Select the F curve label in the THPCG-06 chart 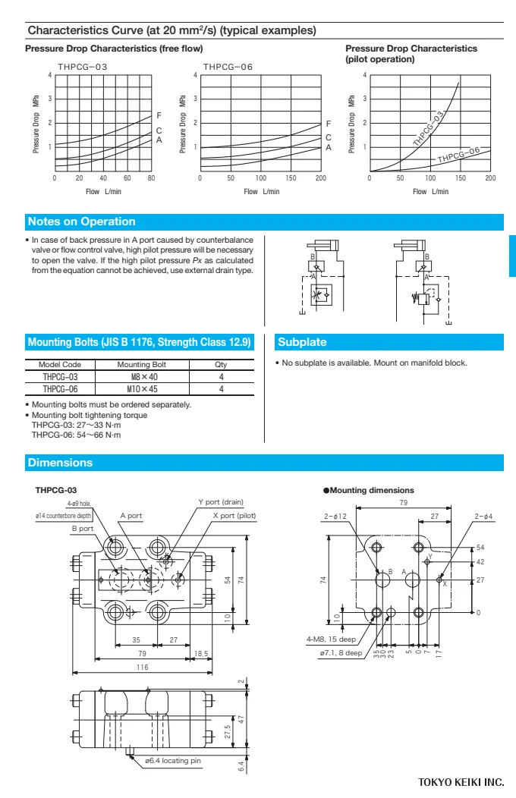point(329,124)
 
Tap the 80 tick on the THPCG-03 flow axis point(151,178)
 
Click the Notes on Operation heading point(81,221)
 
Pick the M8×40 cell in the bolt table point(144,376)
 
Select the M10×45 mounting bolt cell point(144,388)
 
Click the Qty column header point(221,364)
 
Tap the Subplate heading point(302,341)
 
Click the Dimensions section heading point(60,463)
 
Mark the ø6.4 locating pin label point(173,760)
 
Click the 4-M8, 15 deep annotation point(331,639)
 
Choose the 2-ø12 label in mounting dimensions point(334,516)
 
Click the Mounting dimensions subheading point(372,491)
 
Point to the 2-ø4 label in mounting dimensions point(483,516)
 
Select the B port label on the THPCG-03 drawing point(83,528)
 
